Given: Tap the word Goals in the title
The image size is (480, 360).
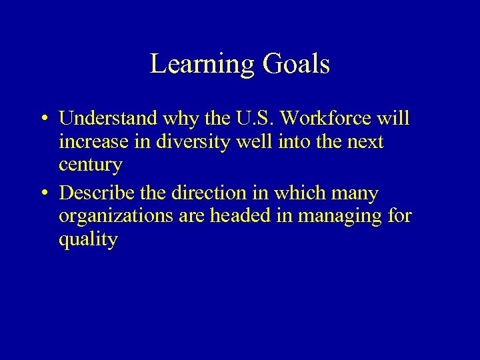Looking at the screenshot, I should (x=297, y=65).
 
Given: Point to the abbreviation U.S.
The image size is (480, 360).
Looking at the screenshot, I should (x=257, y=119).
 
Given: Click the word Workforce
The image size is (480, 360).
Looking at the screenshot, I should (x=331, y=119).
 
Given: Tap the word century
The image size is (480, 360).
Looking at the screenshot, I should (x=90, y=165).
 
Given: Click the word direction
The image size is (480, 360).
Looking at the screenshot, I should (x=203, y=194).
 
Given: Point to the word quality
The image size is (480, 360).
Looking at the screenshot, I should (x=88, y=239).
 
